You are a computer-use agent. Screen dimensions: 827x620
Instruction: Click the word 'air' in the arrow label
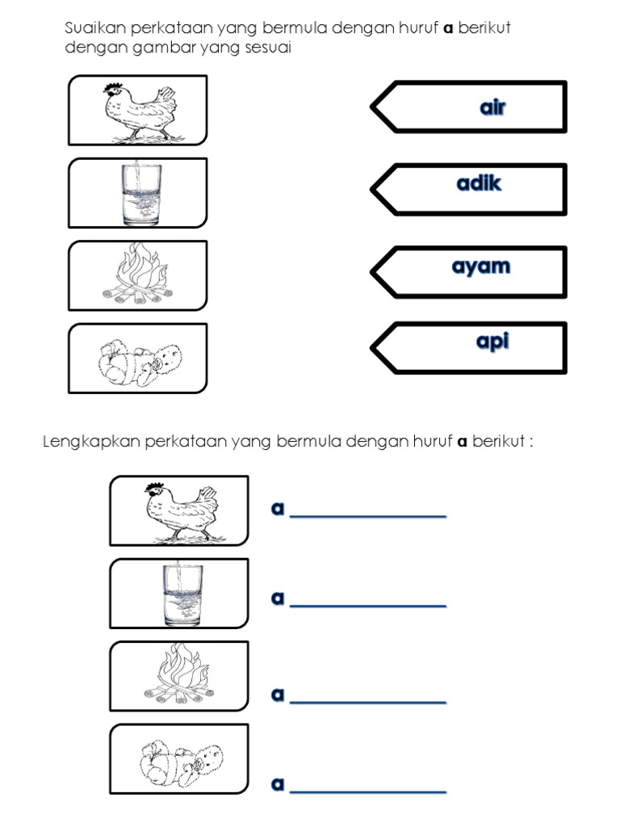coord(492,107)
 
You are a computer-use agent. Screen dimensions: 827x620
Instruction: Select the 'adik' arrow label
coord(479,184)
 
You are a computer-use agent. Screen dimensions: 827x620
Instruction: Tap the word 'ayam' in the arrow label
coord(480,266)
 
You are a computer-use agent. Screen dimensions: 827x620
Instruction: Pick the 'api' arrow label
coord(492,342)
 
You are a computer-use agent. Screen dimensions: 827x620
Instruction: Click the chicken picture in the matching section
coord(138,111)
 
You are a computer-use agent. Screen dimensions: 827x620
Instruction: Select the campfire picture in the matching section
coord(138,275)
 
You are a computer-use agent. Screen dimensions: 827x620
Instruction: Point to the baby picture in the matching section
coord(137,359)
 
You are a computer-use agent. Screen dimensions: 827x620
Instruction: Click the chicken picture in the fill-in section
coord(179,510)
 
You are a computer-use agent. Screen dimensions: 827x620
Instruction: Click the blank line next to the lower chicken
coord(367,515)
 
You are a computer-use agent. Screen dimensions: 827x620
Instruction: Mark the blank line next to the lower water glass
coord(367,604)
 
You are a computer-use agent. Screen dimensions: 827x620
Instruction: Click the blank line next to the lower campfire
coord(367,701)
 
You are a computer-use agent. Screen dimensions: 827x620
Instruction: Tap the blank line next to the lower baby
coord(367,790)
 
